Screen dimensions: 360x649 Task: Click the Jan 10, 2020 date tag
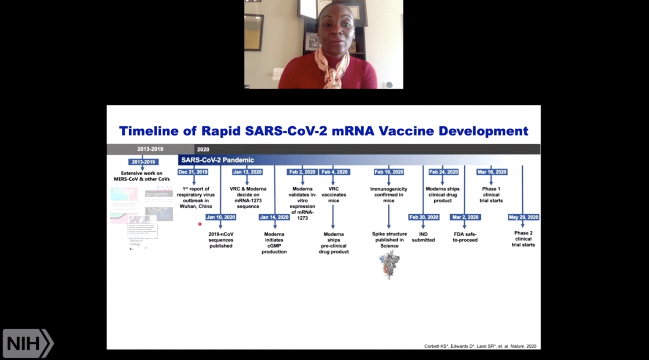(x=221, y=217)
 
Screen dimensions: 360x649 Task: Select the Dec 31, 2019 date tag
(x=193, y=172)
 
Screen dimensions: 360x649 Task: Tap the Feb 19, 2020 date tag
(x=389, y=172)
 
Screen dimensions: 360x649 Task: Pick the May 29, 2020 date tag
(x=523, y=217)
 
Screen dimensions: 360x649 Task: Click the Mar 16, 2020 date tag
(x=491, y=172)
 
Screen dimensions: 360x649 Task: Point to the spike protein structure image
(x=389, y=264)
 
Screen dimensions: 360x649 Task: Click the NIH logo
(x=28, y=344)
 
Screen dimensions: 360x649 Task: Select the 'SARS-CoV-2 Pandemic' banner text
(x=217, y=160)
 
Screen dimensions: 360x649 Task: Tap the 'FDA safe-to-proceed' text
(x=465, y=237)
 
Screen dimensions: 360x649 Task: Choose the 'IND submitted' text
(x=423, y=237)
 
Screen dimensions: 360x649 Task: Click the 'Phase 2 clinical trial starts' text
(x=523, y=239)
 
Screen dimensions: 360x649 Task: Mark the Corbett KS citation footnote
(x=480, y=346)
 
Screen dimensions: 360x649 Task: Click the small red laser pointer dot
(x=200, y=224)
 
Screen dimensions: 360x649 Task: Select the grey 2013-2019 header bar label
(x=150, y=149)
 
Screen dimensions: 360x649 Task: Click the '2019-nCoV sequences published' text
(x=221, y=240)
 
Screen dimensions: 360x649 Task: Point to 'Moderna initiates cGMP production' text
(x=274, y=243)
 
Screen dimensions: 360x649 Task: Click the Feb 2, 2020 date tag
(x=302, y=172)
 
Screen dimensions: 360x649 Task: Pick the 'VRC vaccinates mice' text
(x=333, y=195)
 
